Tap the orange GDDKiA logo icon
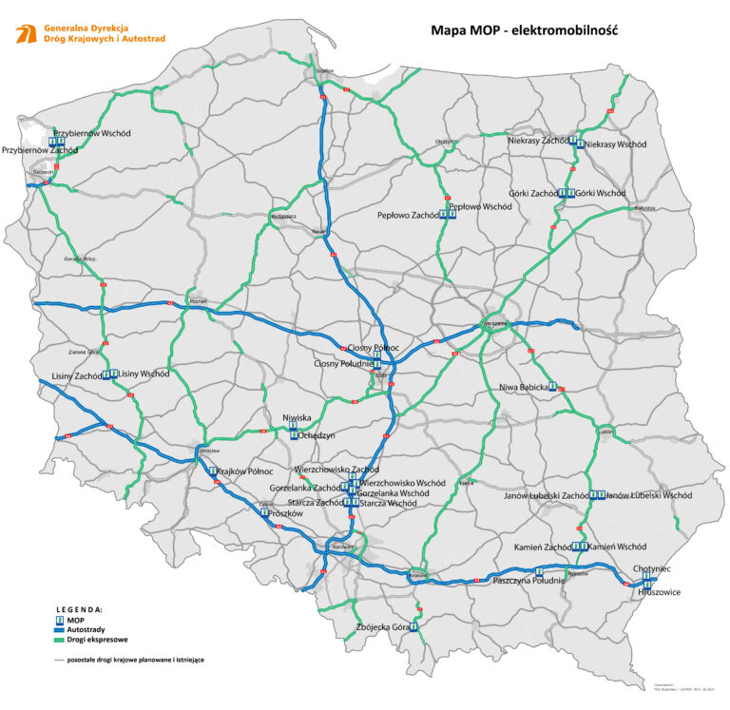(x=26, y=35)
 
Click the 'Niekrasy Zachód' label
(x=538, y=140)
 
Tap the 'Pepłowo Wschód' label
(x=480, y=206)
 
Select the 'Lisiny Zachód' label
(x=77, y=375)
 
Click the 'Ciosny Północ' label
(x=374, y=349)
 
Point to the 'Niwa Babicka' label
(x=524, y=387)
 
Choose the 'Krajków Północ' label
(x=245, y=471)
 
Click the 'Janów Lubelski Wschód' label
(x=649, y=495)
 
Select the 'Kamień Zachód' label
(x=543, y=547)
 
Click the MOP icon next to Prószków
(x=264, y=512)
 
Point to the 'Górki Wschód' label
(x=601, y=193)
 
